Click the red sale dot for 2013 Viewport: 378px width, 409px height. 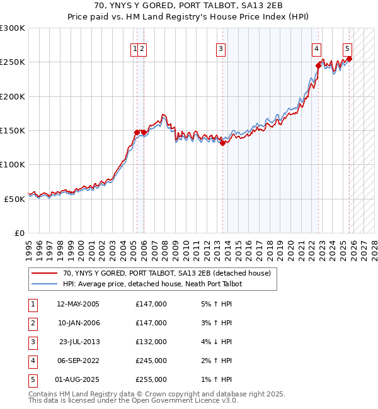[223, 143]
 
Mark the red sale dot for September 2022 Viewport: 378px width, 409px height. [318, 65]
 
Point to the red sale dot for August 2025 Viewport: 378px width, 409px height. [349, 59]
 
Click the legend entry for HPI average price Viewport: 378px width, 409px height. [152, 284]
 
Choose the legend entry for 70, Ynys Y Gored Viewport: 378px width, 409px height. [166, 273]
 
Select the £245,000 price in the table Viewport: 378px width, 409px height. [151, 361]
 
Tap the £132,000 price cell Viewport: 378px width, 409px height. [151, 342]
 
